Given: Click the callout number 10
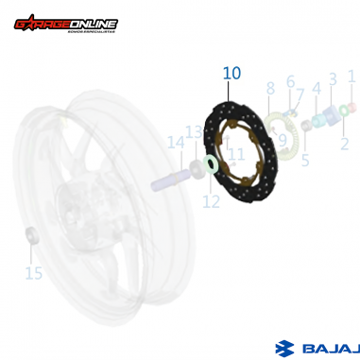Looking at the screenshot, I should pos(232,73).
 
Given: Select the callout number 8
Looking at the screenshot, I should pos(270,89).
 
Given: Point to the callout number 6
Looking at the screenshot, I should pos(291,83).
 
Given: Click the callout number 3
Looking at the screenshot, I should pos(333,79).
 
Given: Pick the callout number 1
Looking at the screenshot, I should pos(351,76).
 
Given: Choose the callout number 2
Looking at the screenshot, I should pos(345,144).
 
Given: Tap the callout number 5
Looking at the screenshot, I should pos(305,161).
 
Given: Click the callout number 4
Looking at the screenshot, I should pos(317,90).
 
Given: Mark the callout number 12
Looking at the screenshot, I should pos(211,201).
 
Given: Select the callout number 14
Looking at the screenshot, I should pos(176,143).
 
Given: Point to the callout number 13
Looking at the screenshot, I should pos(194,132).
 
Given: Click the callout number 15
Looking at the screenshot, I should pos(34,273).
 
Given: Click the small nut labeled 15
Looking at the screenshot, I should pos(30,233).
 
